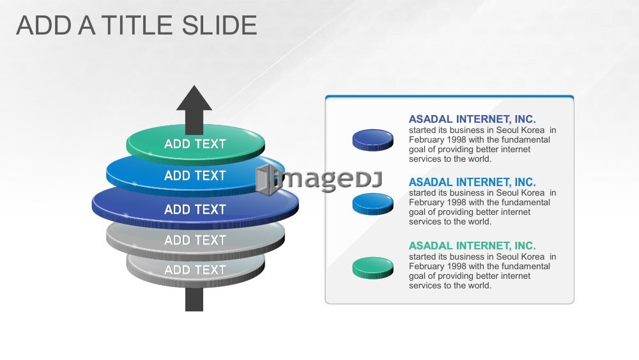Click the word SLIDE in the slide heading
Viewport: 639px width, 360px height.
pos(219,26)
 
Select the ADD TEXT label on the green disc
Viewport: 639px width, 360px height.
pos(195,144)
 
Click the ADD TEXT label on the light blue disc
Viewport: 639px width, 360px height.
pos(195,176)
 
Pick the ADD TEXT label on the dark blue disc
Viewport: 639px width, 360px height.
pos(195,210)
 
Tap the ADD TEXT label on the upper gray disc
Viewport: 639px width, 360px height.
pos(195,240)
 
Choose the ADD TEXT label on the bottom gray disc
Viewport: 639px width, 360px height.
pos(195,270)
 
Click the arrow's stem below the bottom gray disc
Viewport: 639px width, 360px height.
pos(194,299)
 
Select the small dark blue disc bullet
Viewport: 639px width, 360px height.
pos(373,140)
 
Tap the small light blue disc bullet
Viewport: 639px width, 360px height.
pos(373,204)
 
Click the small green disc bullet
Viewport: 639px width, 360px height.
pos(373,268)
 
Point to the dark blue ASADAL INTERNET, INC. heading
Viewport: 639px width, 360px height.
pos(472,119)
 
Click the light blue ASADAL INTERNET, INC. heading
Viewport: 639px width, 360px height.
pos(472,182)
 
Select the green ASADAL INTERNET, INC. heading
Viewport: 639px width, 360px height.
pos(472,246)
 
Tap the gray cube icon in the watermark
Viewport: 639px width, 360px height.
pos(265,180)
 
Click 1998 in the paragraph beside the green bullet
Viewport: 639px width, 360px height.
pos(456,266)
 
